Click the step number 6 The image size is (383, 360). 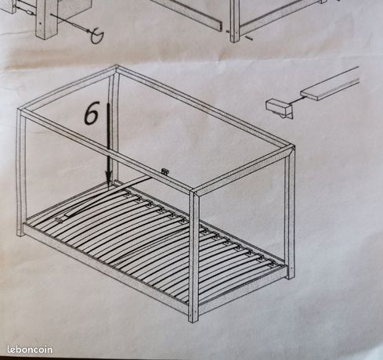point(92,113)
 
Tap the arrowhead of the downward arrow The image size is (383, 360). point(109,178)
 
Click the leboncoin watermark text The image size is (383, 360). point(30,350)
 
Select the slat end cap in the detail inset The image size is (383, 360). point(279,108)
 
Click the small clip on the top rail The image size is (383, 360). point(165,171)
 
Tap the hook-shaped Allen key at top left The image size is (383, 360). point(96,36)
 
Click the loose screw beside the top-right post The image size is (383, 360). point(248,38)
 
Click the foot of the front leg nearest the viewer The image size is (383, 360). point(193,320)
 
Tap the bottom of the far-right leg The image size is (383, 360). point(291,275)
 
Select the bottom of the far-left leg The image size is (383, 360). point(20,233)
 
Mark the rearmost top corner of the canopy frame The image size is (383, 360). point(116,69)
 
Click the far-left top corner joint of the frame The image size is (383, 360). point(21,112)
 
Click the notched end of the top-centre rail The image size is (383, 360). point(220,26)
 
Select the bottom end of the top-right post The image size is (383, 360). point(235,39)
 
